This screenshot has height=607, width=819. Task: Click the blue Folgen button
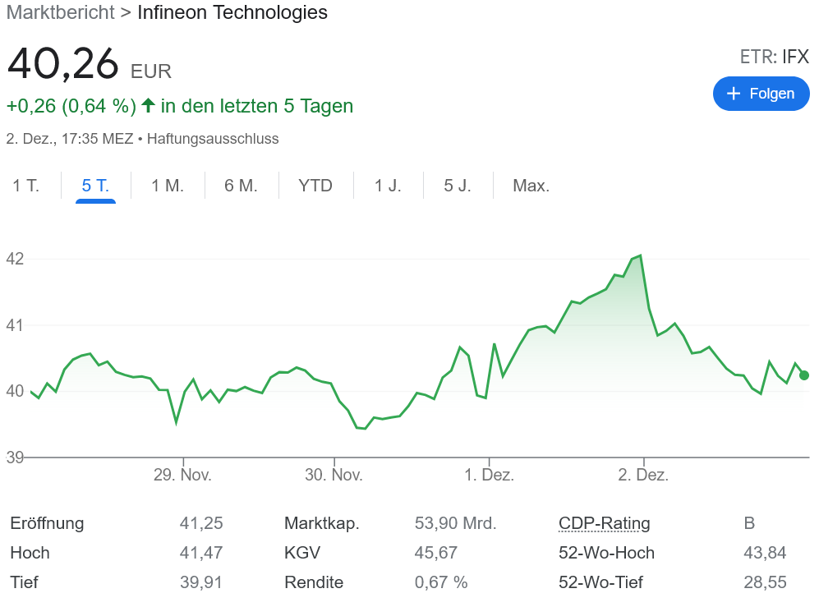point(761,94)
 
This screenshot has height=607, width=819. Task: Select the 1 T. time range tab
point(25,186)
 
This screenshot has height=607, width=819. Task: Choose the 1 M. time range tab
point(168,186)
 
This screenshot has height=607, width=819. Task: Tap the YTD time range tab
point(315,186)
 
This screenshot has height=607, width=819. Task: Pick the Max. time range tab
point(531,186)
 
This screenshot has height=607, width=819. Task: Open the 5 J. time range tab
point(458,186)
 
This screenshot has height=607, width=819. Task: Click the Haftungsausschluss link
point(213,139)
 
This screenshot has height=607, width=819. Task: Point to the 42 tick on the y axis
point(15,259)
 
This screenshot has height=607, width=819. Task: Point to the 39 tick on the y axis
point(15,458)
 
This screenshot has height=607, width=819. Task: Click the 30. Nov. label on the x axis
point(334,475)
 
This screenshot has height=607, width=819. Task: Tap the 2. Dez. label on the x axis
point(643,475)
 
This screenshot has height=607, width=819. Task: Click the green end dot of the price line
point(803,375)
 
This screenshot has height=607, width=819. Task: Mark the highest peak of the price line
point(640,255)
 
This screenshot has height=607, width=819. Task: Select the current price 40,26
point(63,65)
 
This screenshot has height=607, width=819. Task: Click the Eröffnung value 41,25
point(201,523)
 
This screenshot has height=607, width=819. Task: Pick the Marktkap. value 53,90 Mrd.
point(455,523)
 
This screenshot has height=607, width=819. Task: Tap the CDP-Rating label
point(604,523)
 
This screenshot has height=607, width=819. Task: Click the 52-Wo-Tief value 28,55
point(765,582)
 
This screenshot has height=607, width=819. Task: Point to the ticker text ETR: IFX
point(774,57)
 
